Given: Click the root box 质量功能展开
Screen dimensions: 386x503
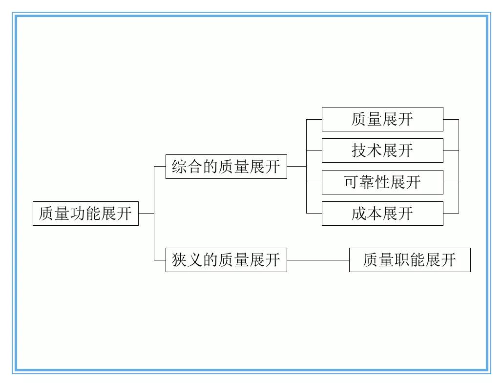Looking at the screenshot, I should (85, 214).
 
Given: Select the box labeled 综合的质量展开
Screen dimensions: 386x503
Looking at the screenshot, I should (226, 167).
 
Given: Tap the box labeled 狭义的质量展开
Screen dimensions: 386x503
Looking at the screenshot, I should (226, 260).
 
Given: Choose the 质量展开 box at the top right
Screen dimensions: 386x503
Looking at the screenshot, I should (382, 119).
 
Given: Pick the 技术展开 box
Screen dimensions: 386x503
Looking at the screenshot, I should (382, 150).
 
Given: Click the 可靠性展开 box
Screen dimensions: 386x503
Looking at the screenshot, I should (382, 182).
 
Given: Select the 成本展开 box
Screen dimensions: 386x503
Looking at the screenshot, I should (382, 214).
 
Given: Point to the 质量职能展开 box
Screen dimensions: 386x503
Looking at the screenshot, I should (410, 260).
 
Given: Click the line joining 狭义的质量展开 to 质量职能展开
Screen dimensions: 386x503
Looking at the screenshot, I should (318, 260).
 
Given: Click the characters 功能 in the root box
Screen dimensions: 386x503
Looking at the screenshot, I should (85, 214).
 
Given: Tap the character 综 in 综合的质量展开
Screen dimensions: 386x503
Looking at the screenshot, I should (180, 167).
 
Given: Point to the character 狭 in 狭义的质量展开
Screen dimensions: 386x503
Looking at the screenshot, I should (180, 260).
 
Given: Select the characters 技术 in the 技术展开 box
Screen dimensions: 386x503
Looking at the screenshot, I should (367, 150).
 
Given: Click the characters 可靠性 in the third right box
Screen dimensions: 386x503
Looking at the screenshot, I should (367, 182).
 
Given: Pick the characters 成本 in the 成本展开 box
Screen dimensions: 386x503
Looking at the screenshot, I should (367, 214).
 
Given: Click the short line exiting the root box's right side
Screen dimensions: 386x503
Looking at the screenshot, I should (146, 214).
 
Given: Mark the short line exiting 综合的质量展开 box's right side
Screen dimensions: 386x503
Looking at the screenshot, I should (296, 167).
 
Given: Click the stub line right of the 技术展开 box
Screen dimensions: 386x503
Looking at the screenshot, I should (451, 150).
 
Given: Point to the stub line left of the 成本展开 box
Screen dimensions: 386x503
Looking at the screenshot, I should (314, 214).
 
